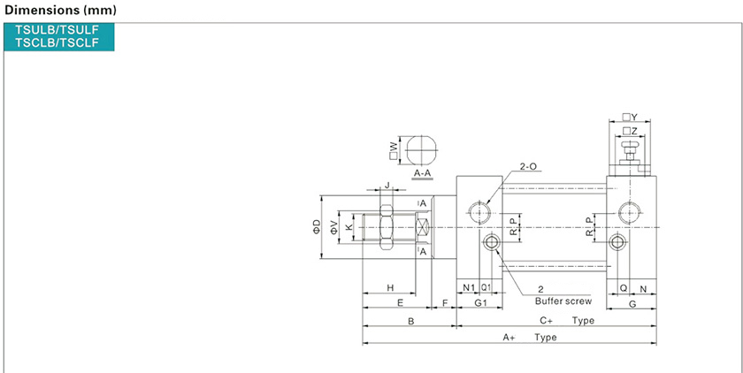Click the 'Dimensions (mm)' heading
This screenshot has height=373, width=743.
pyautogui.click(x=60, y=10)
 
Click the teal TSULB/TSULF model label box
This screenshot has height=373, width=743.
pyautogui.click(x=58, y=36)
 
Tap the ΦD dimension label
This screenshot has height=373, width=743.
pyautogui.click(x=317, y=227)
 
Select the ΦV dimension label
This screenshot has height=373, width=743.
pyautogui.click(x=334, y=227)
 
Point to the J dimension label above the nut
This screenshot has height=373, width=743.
pyautogui.click(x=387, y=185)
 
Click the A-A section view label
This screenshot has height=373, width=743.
pyautogui.click(x=422, y=174)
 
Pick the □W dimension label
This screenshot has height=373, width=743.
pyautogui.click(x=394, y=151)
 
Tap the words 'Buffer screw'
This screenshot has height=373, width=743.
pyautogui.click(x=563, y=301)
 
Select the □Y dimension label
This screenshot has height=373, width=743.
pyautogui.click(x=630, y=117)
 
